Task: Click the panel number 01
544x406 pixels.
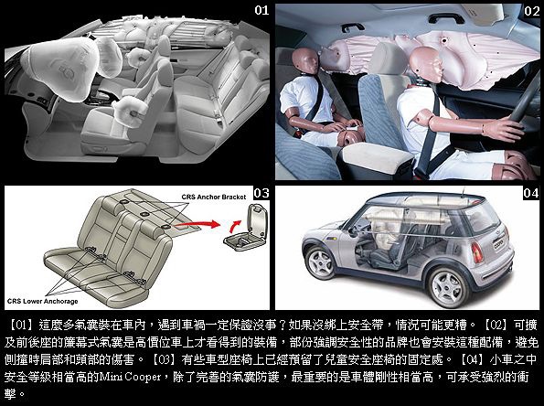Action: [261, 10]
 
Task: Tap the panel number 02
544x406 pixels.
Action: [531, 11]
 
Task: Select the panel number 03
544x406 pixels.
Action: [261, 193]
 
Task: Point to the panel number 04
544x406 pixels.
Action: [531, 193]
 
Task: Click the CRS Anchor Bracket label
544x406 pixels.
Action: [214, 197]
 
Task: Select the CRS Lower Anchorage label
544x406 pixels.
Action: [42, 301]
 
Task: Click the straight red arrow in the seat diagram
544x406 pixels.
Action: [197, 224]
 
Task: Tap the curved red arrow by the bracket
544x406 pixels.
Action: [234, 226]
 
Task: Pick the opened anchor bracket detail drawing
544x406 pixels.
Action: [246, 228]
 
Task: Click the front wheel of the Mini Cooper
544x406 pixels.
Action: [320, 262]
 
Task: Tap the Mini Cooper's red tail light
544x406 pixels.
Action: [477, 252]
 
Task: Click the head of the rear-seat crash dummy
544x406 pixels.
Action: [305, 61]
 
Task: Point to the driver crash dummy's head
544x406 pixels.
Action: [426, 65]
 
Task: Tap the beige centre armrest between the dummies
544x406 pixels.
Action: [376, 157]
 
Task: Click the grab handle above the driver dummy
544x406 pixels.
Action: [446, 18]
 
